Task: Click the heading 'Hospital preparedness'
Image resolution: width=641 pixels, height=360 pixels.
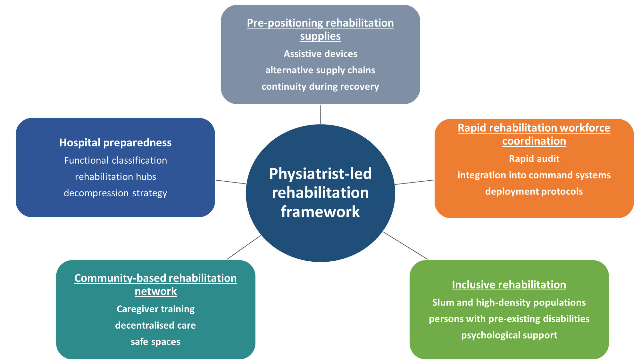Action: coord(115,143)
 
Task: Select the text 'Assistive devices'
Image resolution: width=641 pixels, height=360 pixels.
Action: coord(320,54)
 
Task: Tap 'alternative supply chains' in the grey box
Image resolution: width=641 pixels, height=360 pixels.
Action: coord(320,70)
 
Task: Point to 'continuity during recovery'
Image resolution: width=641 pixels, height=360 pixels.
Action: coord(320,86)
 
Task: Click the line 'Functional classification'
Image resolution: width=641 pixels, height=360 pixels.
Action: coord(115,160)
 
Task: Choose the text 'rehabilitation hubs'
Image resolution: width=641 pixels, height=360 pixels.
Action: coord(115,176)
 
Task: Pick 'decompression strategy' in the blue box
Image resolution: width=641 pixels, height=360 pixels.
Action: coord(115,193)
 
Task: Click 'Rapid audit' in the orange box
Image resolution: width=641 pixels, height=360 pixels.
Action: coord(534,159)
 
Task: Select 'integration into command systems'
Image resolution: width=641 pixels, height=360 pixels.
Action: coord(534,175)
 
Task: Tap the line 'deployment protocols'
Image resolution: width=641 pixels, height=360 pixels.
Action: coord(534,191)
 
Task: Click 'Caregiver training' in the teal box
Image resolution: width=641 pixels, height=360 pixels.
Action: coord(155,309)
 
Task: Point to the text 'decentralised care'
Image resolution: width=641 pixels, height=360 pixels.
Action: coord(155,325)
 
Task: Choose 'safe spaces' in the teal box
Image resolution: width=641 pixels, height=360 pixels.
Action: coord(155,341)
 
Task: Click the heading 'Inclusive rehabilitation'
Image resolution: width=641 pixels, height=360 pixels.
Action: coord(509,284)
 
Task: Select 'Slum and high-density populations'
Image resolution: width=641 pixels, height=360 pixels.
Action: coord(509,302)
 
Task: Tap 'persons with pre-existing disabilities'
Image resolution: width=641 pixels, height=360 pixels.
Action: coord(509,319)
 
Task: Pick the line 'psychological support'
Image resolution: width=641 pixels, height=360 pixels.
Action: coord(509,335)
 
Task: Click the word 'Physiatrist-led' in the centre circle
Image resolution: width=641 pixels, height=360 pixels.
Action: coord(320,174)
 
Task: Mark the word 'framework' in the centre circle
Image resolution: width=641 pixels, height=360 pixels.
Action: coord(320,212)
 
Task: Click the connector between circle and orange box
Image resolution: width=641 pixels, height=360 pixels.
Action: coord(415,182)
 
